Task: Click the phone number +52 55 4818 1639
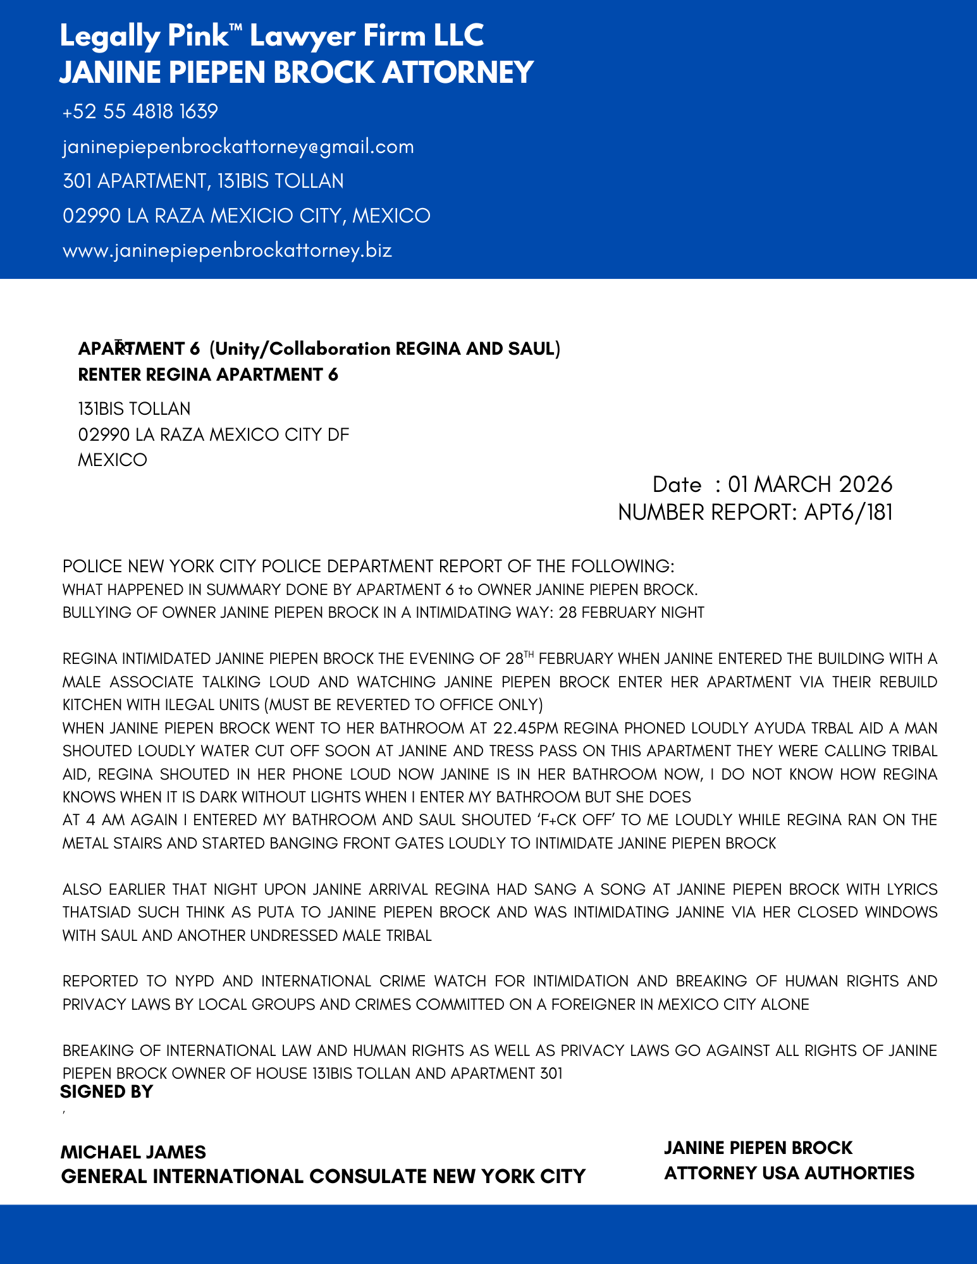pos(140,112)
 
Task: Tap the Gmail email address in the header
pos(238,147)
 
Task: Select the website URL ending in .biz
pos(227,250)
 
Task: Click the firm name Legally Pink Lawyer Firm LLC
pos(272,36)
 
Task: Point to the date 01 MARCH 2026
pos(810,484)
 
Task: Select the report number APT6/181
pos(849,512)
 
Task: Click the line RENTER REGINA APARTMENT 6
pos(208,375)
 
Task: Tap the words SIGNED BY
pos(107,1092)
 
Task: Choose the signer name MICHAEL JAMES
pos(133,1152)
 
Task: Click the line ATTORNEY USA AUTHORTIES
pos(789,1174)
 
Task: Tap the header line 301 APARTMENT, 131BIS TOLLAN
pos(203,181)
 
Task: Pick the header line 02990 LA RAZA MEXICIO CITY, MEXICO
pos(247,216)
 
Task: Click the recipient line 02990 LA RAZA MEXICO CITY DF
pos(214,435)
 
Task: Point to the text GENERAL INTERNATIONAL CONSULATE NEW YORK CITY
pos(323,1177)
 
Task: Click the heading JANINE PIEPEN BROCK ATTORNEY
pos(297,72)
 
